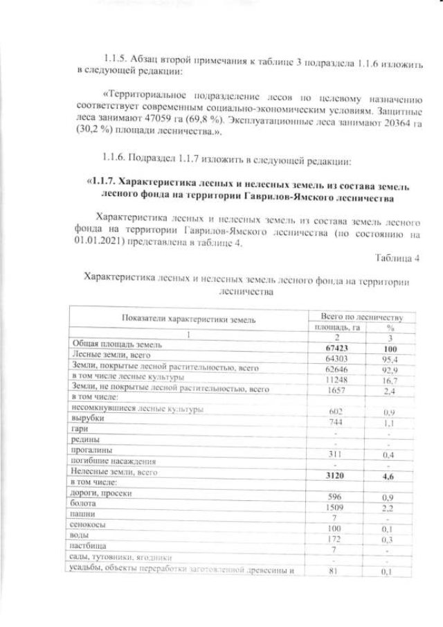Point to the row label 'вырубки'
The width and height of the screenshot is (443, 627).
(85, 419)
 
